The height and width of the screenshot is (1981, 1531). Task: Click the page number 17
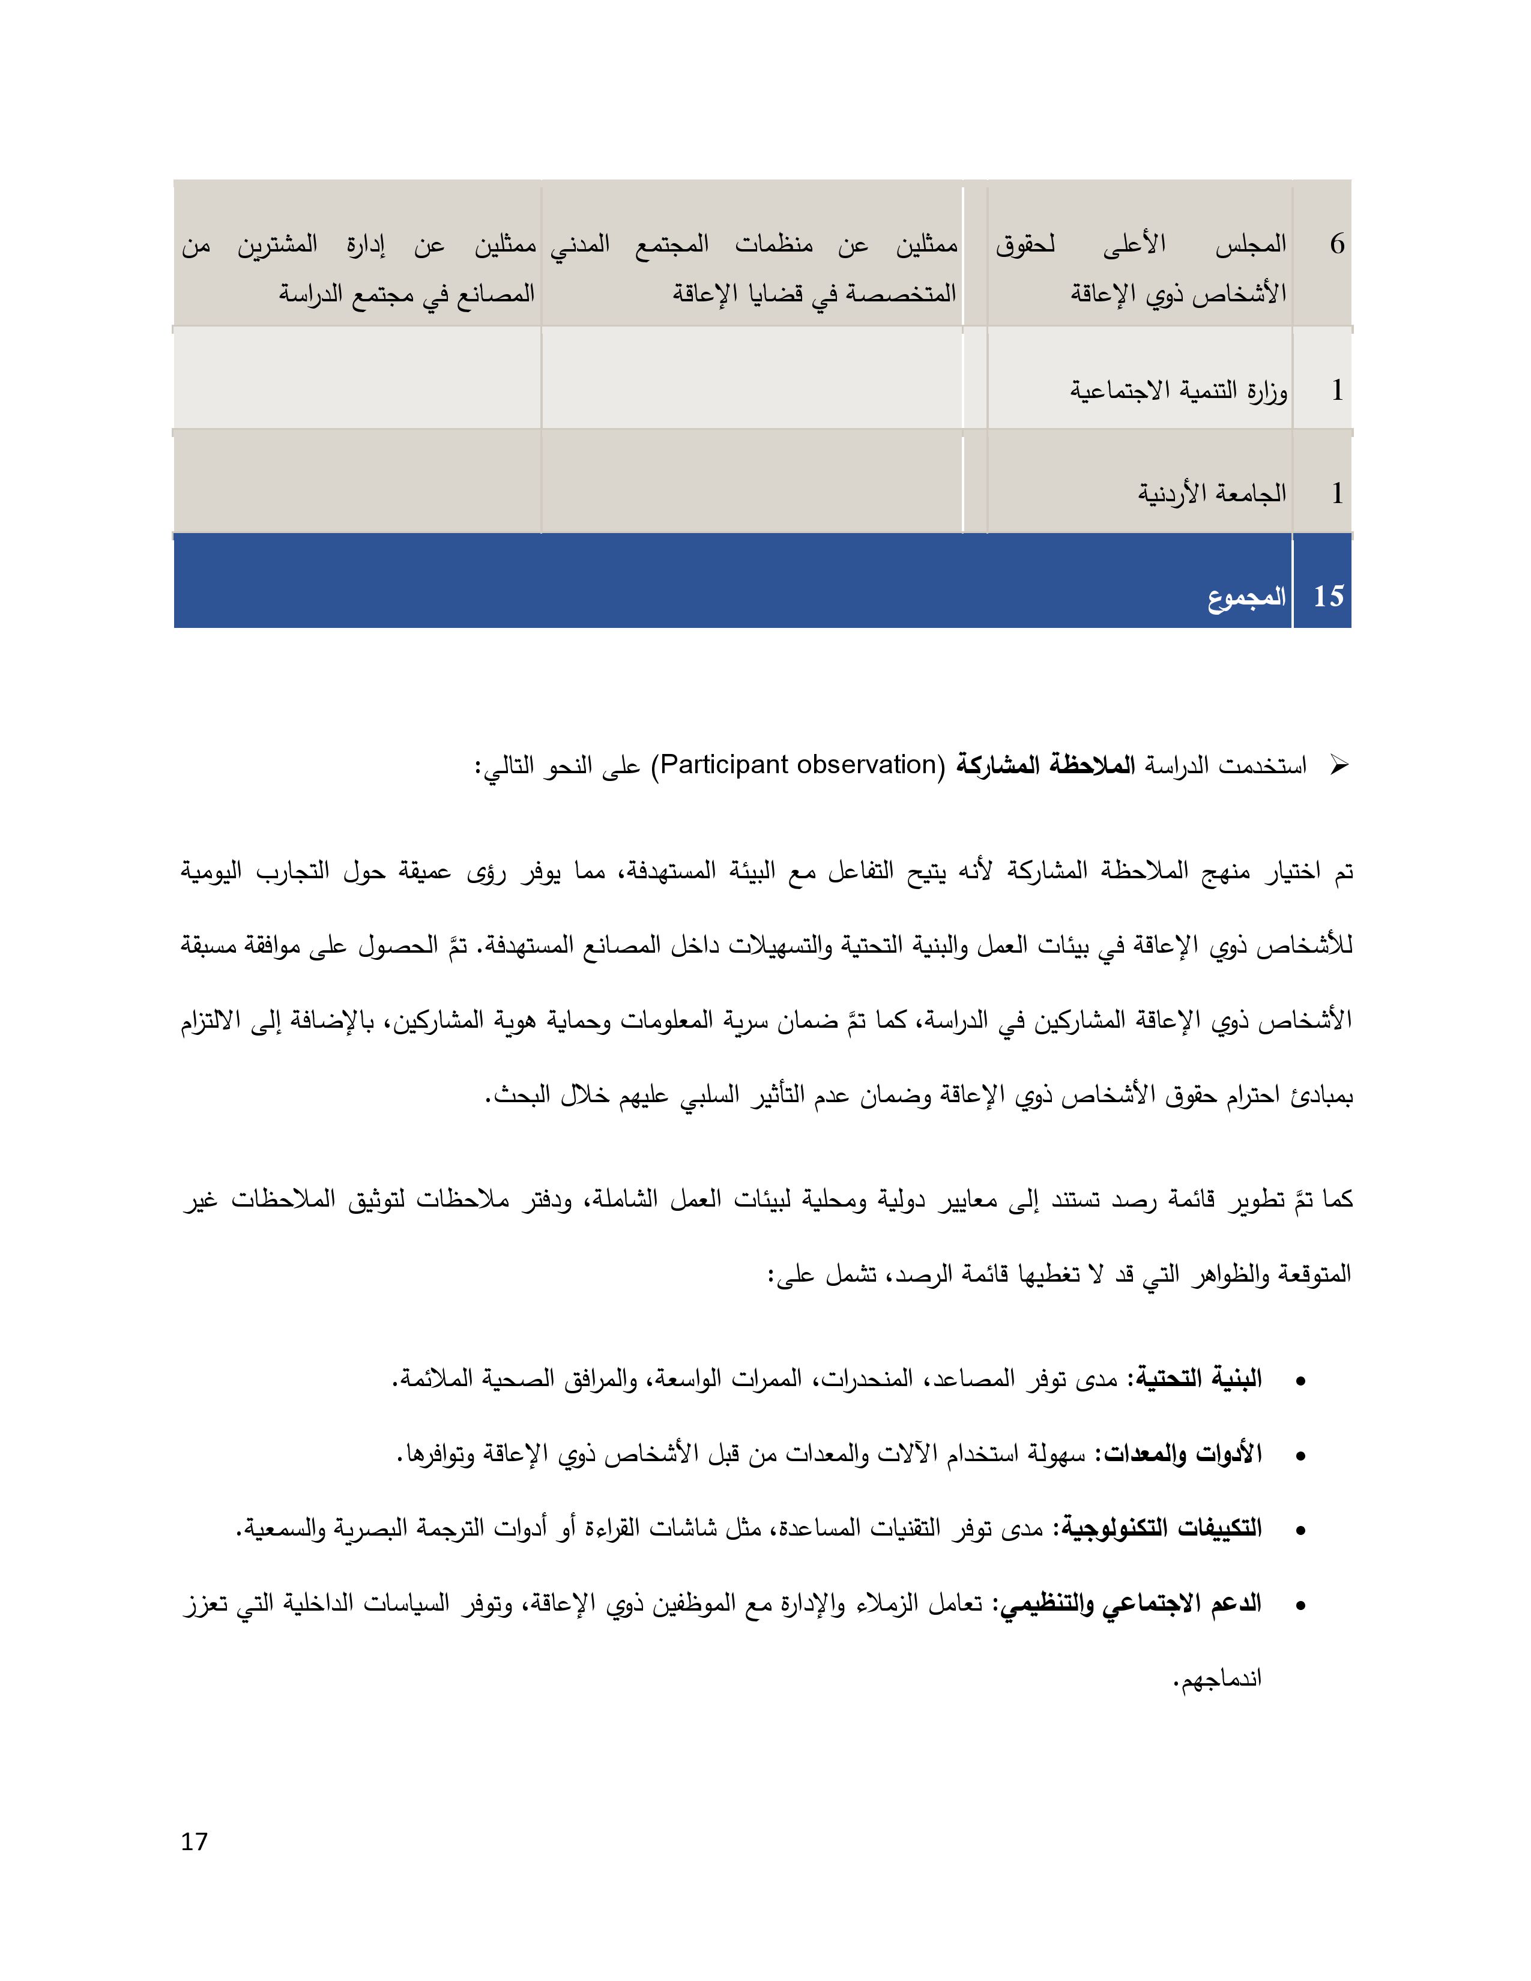[x=194, y=1841]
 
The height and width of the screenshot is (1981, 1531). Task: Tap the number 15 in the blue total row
[x=1328, y=596]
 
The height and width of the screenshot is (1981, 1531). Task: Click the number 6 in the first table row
[x=1337, y=244]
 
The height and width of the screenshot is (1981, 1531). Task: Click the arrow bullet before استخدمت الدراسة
[x=1338, y=765]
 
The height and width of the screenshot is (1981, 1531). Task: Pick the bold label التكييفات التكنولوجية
[x=1158, y=1528]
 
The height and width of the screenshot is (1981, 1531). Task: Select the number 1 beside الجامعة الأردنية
[x=1337, y=493]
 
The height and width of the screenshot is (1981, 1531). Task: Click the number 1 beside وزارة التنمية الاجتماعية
[x=1337, y=391]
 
